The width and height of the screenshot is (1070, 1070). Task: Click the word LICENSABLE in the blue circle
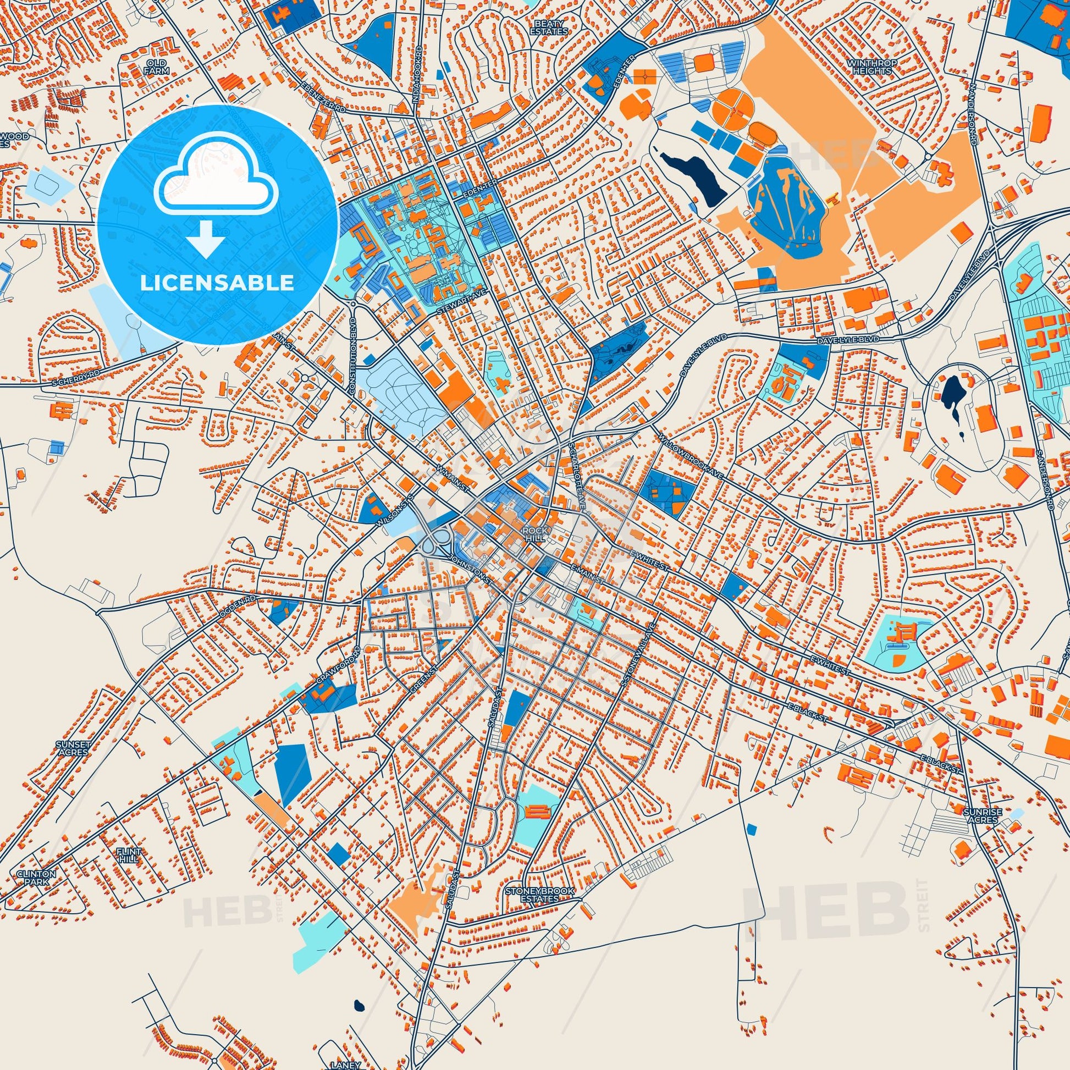(x=217, y=283)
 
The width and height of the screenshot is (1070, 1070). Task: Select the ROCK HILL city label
(x=536, y=533)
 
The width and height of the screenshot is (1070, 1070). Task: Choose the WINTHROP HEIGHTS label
(x=873, y=67)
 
